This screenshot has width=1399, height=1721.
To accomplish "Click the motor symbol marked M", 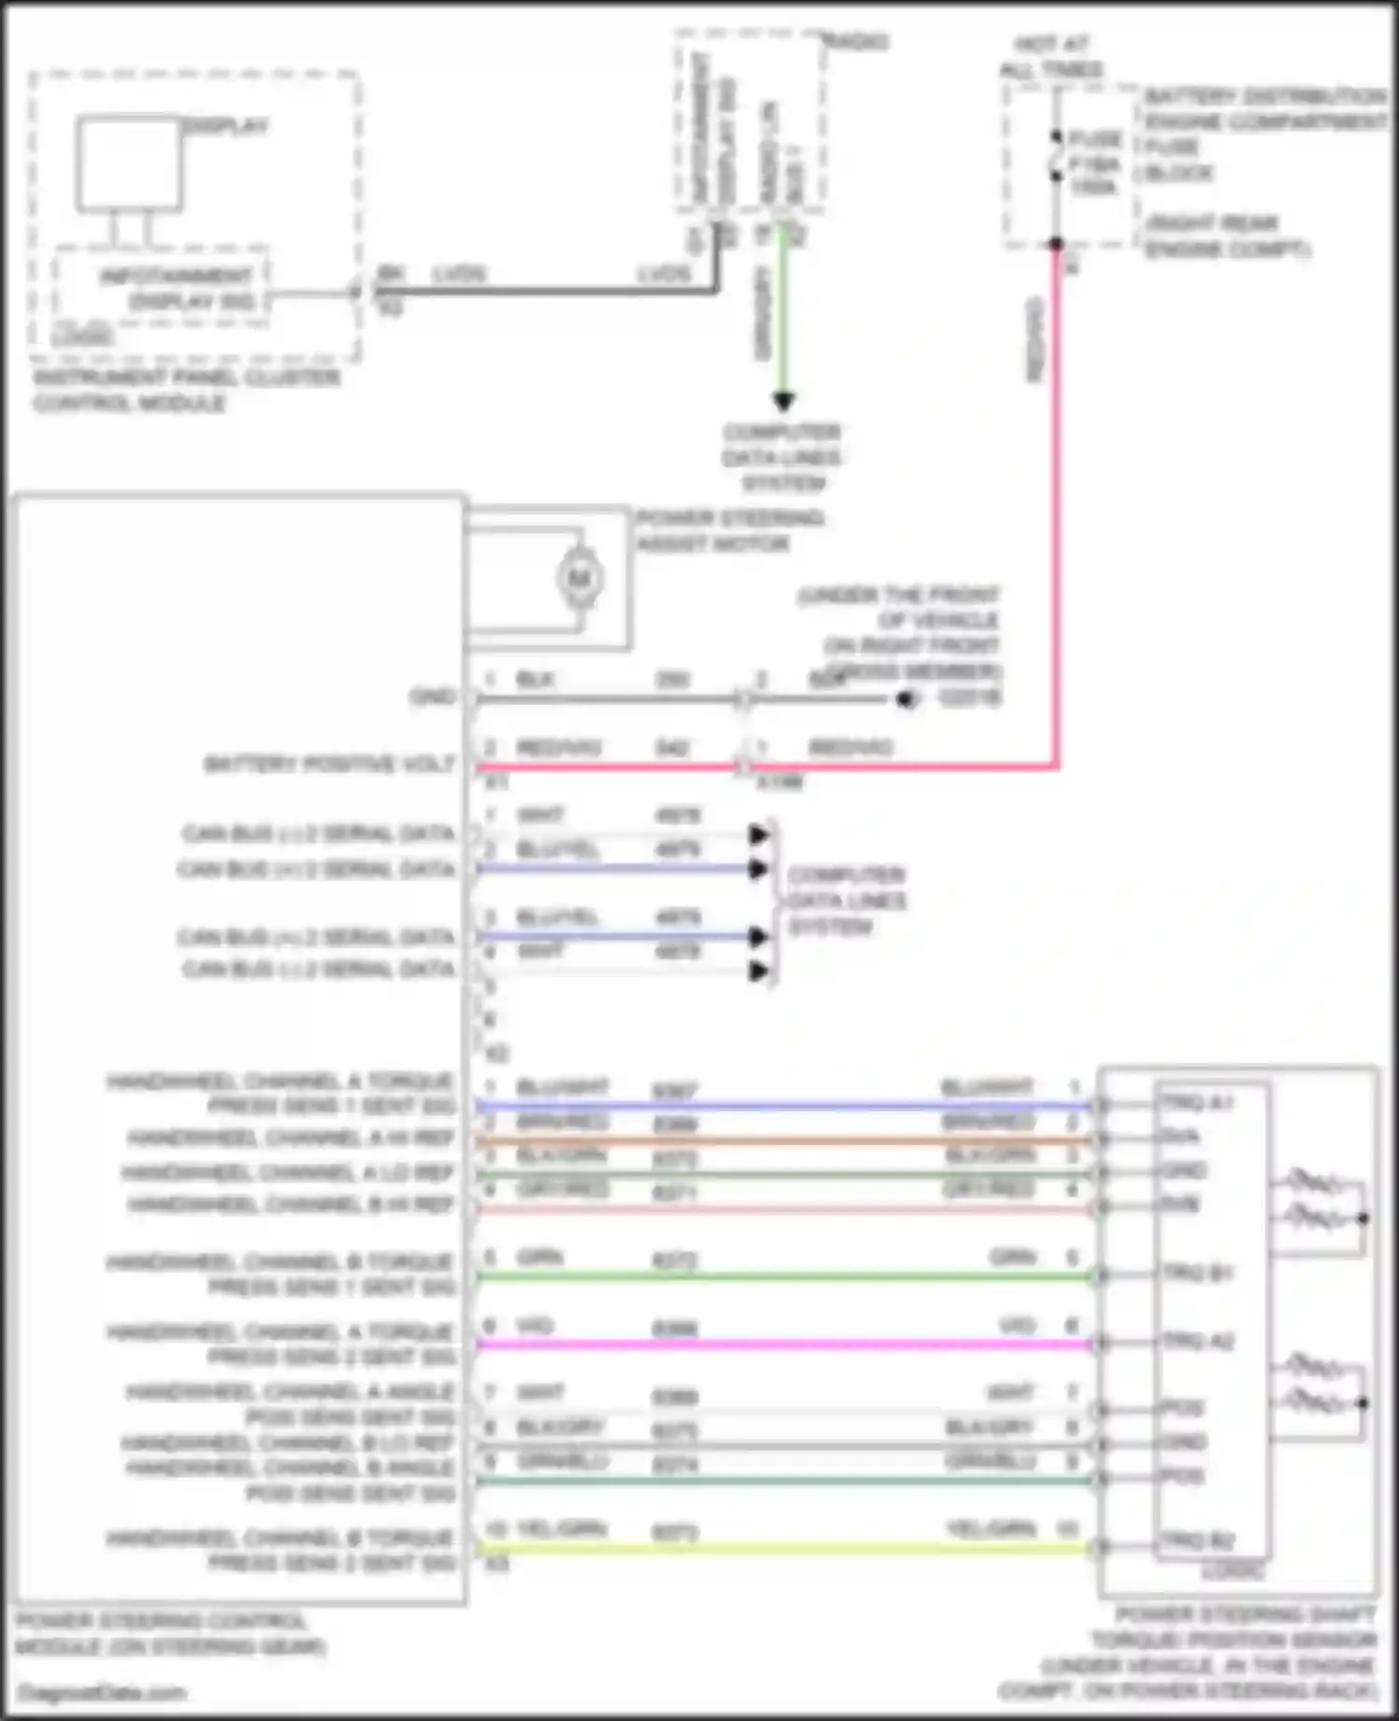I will (579, 579).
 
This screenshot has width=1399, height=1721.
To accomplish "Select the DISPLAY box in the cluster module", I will (129, 163).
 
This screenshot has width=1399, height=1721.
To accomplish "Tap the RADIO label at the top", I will (856, 41).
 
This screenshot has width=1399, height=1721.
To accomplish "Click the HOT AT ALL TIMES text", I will (1051, 57).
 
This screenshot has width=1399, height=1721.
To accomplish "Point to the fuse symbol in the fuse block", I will (1056, 160).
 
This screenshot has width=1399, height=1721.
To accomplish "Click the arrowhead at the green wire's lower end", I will (783, 402).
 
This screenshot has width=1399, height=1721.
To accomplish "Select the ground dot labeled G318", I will (904, 698).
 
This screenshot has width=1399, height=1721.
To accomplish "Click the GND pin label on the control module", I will (433, 696).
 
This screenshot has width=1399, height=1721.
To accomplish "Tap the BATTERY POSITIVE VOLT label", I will (328, 764).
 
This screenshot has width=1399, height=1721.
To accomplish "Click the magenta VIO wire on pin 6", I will (783, 1344).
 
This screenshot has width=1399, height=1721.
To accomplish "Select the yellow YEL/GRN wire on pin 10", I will (783, 1549).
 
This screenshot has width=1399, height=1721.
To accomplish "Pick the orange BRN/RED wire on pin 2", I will (783, 1139).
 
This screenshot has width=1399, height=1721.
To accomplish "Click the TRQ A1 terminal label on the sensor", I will (1197, 1102).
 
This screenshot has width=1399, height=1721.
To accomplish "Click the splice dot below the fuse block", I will (1056, 244).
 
